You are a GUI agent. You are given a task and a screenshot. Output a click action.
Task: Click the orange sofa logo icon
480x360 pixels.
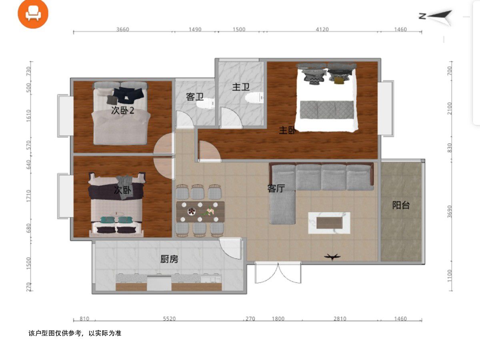pyautogui.click(x=33, y=14)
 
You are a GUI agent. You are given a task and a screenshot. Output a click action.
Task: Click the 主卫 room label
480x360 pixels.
pyautogui.click(x=241, y=87)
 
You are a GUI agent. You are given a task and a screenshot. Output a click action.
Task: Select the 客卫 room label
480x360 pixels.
pyautogui.click(x=195, y=97)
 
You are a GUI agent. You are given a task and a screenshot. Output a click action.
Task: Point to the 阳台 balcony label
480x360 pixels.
pyautogui.click(x=401, y=205)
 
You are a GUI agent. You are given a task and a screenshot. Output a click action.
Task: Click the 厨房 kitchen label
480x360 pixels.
pyautogui.click(x=169, y=259)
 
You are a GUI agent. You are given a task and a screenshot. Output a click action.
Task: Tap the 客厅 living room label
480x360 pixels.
pyautogui.click(x=276, y=188)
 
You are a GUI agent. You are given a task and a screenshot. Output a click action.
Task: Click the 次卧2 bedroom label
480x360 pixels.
pyautogui.click(x=122, y=110)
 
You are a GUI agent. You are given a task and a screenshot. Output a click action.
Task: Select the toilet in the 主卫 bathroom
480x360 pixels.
pyautogui.click(x=254, y=98)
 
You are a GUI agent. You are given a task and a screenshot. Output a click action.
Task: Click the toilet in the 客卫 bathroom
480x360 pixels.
pyautogui.click(x=206, y=103)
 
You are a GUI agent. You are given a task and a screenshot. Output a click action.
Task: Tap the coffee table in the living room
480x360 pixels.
pyautogui.click(x=329, y=223)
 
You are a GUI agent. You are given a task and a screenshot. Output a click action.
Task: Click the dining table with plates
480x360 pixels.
pyautogui.click(x=200, y=212)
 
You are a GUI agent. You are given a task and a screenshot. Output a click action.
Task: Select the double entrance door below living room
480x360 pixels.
pyautogui.click(x=278, y=272)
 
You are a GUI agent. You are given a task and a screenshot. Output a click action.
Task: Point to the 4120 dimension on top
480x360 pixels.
pyautogui.click(x=322, y=29)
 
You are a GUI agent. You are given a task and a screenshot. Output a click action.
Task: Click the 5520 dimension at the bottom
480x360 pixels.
pyautogui.click(x=169, y=319)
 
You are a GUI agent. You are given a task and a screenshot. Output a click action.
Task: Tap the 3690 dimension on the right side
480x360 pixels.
pyautogui.click(x=449, y=212)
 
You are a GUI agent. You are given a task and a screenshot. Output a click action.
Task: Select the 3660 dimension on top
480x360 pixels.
pyautogui.click(x=122, y=29)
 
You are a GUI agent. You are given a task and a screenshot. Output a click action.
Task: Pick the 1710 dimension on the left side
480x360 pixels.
pyautogui.click(x=28, y=196)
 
